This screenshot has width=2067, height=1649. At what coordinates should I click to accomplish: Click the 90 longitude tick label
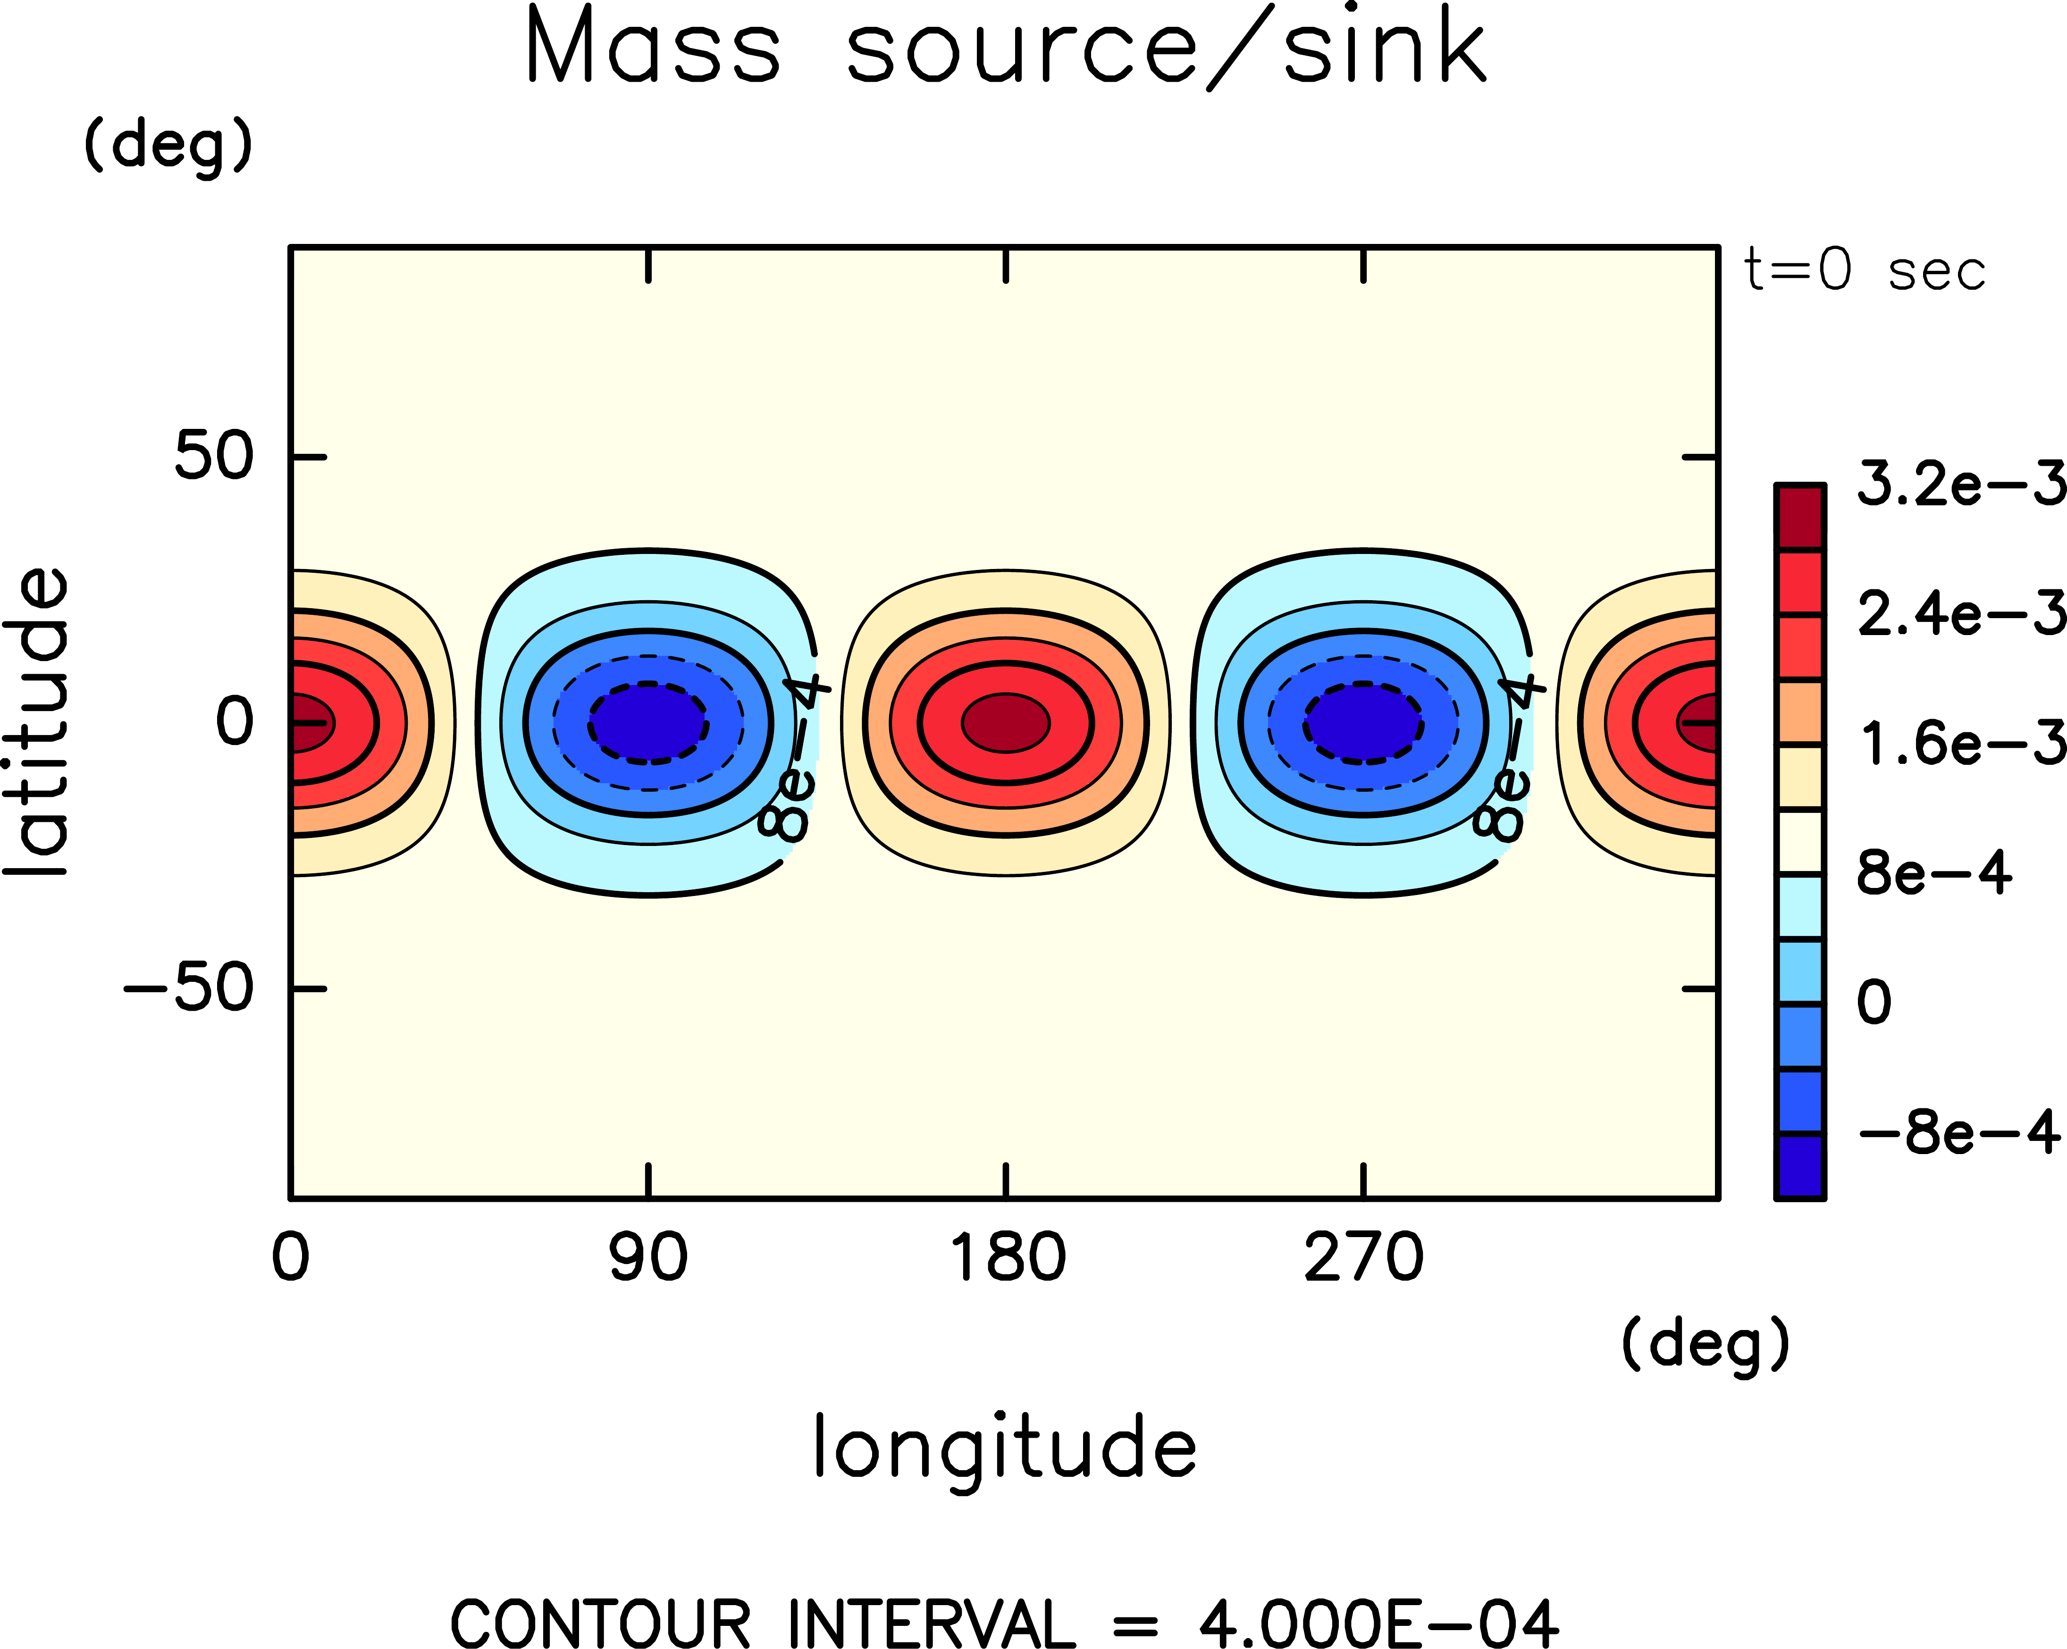pos(648,1259)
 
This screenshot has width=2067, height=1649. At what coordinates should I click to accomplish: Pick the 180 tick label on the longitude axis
pos(1007,1259)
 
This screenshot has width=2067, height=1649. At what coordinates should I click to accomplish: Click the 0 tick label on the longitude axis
pos(291,1259)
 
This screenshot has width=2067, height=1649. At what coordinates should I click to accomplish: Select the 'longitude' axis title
pos(1005,1448)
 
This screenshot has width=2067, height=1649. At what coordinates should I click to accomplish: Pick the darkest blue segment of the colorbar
pos(1799,1166)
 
